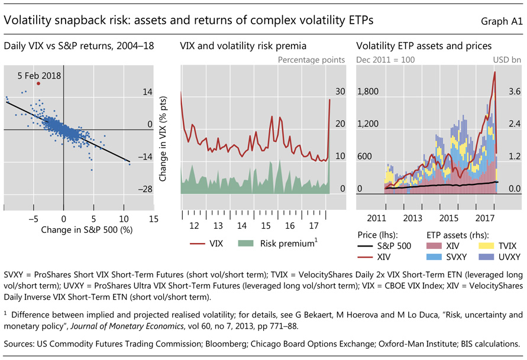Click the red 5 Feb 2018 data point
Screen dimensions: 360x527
pyautogui.click(x=38, y=83)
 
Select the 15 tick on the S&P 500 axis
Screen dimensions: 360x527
pyautogui.click(x=154, y=218)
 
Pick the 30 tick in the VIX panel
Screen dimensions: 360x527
pyautogui.click(x=340, y=92)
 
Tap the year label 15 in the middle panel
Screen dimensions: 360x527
pyautogui.click(x=266, y=226)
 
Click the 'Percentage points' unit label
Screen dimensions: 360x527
pyautogui.click(x=313, y=60)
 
